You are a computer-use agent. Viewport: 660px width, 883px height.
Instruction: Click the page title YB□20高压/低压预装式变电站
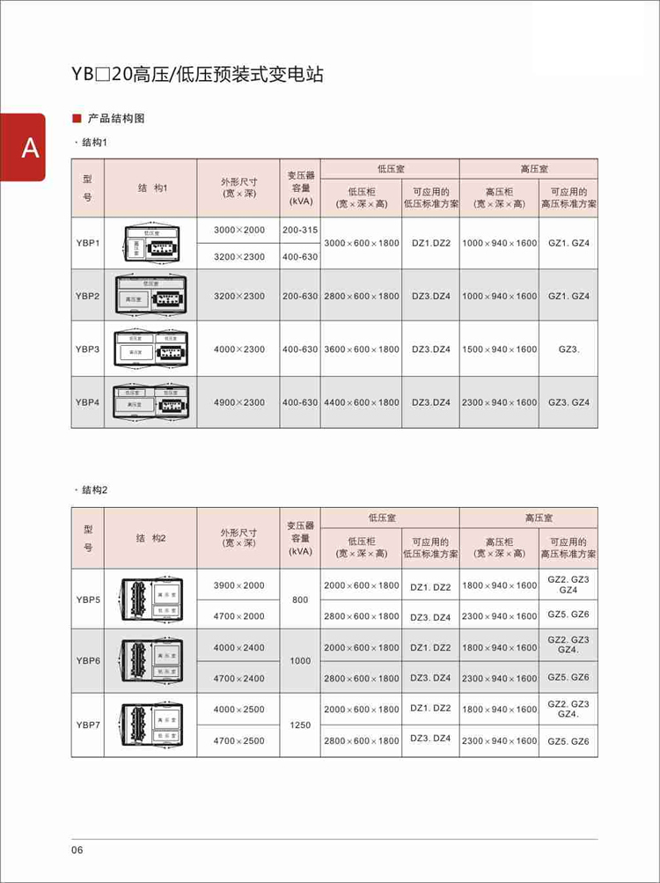[x=197, y=74]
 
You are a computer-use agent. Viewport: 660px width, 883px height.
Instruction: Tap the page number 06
[x=77, y=850]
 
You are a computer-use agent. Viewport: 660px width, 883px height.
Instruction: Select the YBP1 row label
[x=87, y=243]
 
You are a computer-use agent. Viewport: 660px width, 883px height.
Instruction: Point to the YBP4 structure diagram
[x=150, y=402]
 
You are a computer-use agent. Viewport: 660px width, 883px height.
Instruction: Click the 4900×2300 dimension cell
[x=238, y=402]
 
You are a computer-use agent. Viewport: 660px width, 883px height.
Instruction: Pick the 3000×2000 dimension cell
[x=238, y=230]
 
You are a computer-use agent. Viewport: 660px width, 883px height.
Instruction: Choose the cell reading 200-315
[x=300, y=230]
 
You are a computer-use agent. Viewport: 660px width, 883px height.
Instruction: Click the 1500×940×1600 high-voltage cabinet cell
[x=499, y=350]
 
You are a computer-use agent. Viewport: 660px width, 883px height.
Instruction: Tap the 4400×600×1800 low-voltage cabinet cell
[x=361, y=402]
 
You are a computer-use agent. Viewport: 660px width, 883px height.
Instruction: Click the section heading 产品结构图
[x=115, y=118]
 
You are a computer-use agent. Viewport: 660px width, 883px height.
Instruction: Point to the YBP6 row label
[x=87, y=660]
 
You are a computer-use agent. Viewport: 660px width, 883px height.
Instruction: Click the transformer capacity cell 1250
[x=300, y=725]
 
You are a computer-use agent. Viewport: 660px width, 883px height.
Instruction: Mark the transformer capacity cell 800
[x=300, y=600]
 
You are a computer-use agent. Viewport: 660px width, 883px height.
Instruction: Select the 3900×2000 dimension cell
[x=238, y=585]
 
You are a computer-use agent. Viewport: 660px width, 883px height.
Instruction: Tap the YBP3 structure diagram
[x=150, y=350]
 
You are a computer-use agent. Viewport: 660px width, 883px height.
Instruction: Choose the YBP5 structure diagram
[x=150, y=600]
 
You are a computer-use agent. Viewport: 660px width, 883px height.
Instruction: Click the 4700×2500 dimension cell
[x=238, y=740]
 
